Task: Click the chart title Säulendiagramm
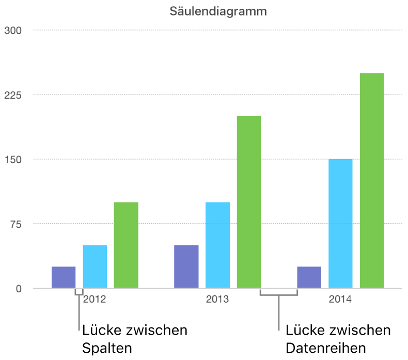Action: [218, 11]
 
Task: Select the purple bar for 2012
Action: [64, 277]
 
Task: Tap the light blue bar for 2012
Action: [95, 267]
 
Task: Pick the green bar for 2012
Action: [126, 245]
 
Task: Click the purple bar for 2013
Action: [186, 267]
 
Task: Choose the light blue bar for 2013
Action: [217, 245]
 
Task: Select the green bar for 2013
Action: [249, 202]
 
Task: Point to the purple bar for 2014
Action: [309, 277]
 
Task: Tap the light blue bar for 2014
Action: [340, 223]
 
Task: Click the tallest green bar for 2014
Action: [372, 180]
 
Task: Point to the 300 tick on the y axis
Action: [12, 30]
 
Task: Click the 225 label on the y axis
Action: [12, 95]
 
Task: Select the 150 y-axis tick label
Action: [12, 160]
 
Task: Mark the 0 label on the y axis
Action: [19, 289]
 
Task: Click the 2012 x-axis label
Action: [95, 299]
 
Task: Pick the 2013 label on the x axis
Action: [217, 299]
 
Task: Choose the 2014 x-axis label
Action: [340, 299]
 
